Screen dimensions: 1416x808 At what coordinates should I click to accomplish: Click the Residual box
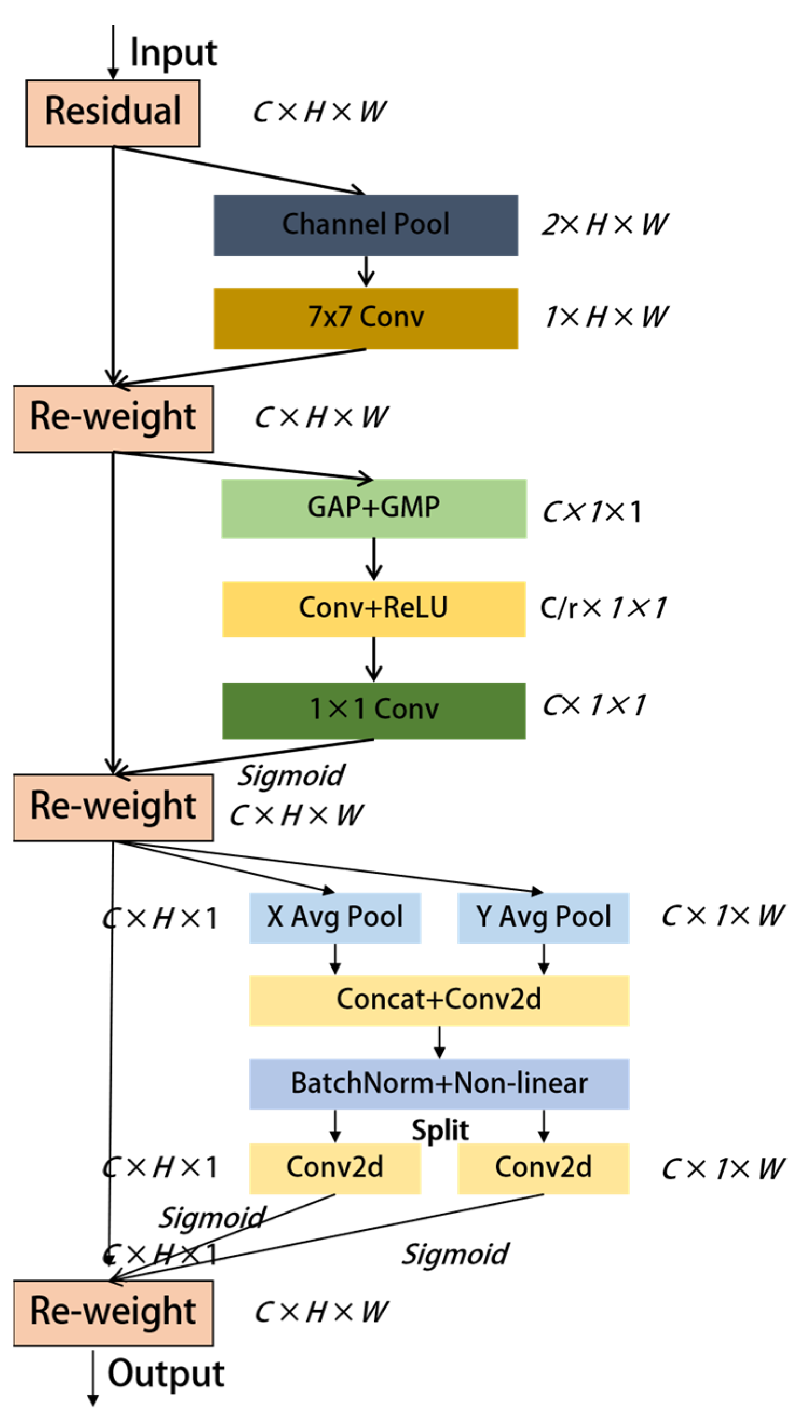pos(113,113)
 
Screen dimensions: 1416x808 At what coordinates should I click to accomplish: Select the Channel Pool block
pos(365,225)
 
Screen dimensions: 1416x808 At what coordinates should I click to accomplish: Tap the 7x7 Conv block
pos(365,318)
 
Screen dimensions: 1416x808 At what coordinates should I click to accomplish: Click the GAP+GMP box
pos(373,508)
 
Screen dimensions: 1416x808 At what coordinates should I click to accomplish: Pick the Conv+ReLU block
pos(373,608)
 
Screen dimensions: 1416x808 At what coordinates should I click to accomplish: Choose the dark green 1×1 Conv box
pos(373,710)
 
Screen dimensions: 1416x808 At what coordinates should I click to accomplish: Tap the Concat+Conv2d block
pos(439,1000)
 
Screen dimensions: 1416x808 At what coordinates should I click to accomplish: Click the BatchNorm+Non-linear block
pos(439,1084)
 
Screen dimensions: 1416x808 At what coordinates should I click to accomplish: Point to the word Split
pos(440,1130)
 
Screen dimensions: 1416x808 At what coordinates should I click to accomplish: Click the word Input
pos(173,53)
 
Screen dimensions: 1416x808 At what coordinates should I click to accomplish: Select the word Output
pos(166,1373)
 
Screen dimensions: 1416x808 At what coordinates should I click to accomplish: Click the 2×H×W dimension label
pos(605,225)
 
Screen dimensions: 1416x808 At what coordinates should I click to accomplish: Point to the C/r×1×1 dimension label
pos(603,608)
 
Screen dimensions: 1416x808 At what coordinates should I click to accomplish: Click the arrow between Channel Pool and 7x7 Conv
pos(365,271)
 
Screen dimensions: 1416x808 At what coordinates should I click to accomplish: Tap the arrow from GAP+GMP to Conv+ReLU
pos(373,559)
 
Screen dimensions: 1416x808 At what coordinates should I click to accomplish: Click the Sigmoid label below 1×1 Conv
pos(291,775)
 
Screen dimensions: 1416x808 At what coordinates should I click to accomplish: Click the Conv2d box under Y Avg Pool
pos(543,1168)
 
